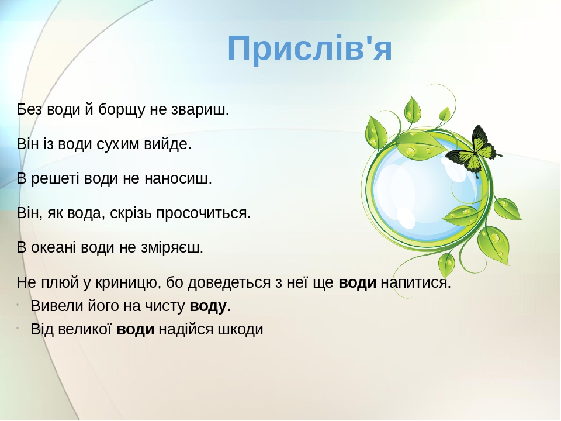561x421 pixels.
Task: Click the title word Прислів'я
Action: coord(310,49)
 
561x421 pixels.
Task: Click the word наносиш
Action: coord(178,178)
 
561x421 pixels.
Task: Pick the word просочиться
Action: coord(203,213)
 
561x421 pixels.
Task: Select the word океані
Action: coord(53,247)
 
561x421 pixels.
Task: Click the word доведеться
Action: coord(229,282)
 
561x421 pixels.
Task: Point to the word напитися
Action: coord(415,282)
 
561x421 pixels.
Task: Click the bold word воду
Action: coord(208,306)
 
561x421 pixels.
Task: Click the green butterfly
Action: coord(473,151)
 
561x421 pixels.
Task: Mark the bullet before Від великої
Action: coord(18,327)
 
